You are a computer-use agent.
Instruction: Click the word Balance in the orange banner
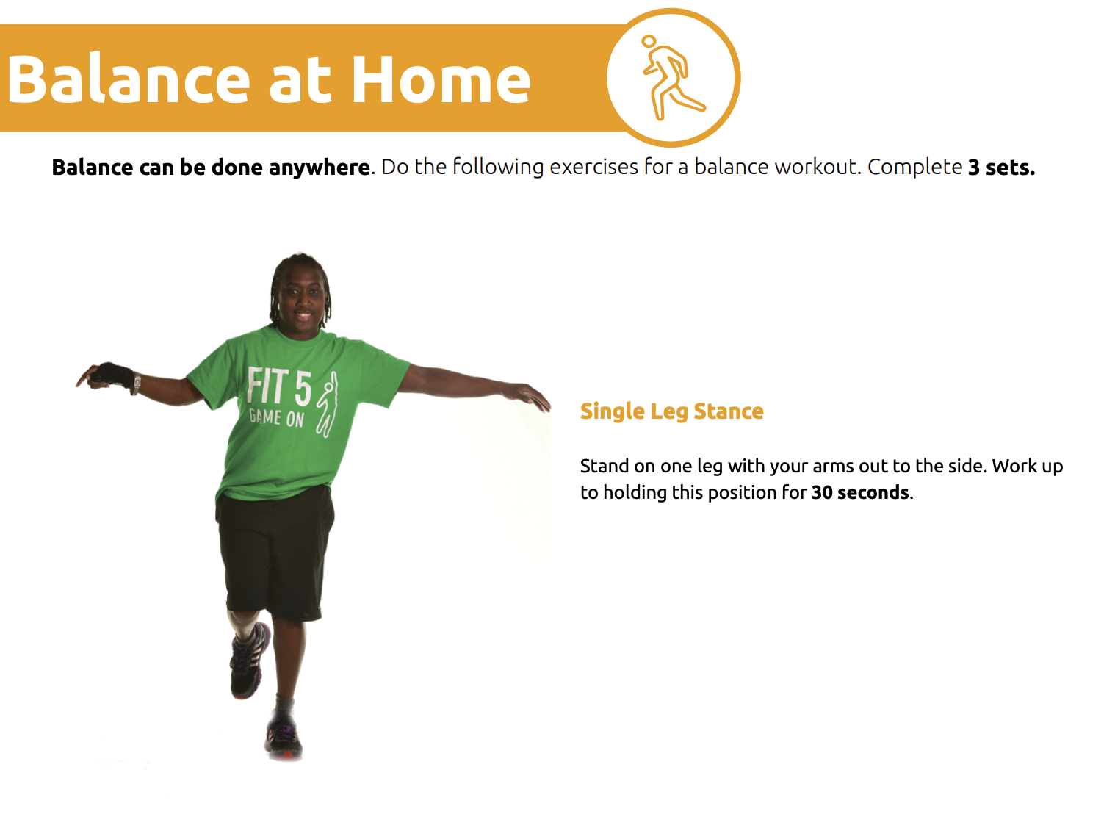(x=129, y=79)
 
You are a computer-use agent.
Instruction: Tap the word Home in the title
(x=441, y=79)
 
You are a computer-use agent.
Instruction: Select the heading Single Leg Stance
(x=671, y=411)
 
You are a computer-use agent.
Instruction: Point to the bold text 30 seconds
(x=860, y=493)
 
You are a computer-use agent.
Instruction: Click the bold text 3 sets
(x=1001, y=168)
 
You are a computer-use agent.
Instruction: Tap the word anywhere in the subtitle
(x=319, y=168)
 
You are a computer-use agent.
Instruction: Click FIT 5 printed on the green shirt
(x=279, y=387)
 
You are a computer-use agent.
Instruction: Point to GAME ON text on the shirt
(x=276, y=417)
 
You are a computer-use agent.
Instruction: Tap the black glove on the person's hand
(x=112, y=375)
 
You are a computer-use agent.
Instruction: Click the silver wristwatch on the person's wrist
(x=136, y=384)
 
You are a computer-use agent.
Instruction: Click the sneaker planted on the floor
(x=284, y=735)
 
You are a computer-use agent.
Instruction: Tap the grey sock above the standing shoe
(x=284, y=704)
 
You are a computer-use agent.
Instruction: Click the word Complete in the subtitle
(x=915, y=168)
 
